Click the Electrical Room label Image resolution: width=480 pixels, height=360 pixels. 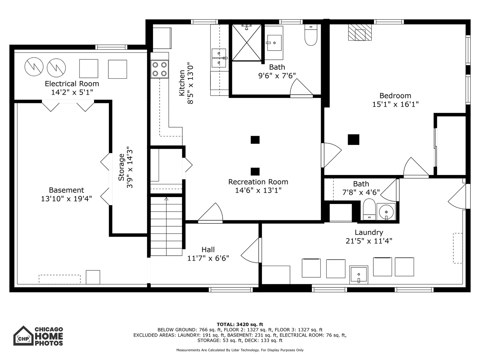coord(72,84)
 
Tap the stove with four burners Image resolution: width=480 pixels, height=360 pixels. coord(160,69)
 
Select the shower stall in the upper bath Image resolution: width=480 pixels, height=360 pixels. coord(246,42)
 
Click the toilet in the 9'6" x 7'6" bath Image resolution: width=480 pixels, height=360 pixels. coord(311,35)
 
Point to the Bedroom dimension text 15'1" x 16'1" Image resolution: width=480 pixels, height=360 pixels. coord(395,104)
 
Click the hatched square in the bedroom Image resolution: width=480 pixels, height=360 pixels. coord(360,32)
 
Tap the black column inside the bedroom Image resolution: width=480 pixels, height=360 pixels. coord(353,139)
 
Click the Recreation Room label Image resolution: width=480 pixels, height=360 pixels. coord(258,182)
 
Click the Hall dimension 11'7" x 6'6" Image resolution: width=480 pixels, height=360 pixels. coord(208,258)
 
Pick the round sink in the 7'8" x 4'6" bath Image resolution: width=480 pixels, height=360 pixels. coord(386,212)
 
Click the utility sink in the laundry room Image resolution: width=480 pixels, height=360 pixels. coord(359,275)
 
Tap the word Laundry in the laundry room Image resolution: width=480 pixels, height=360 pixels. coord(369,232)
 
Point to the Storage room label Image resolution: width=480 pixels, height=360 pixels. coord(121,167)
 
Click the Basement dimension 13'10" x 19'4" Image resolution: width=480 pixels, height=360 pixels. coord(66,199)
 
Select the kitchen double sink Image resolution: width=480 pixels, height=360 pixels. coord(219,58)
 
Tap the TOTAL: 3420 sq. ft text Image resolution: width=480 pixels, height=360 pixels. coord(240,324)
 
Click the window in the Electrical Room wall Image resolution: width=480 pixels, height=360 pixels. coord(111,47)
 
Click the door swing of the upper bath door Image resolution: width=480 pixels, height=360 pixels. coord(301,87)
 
